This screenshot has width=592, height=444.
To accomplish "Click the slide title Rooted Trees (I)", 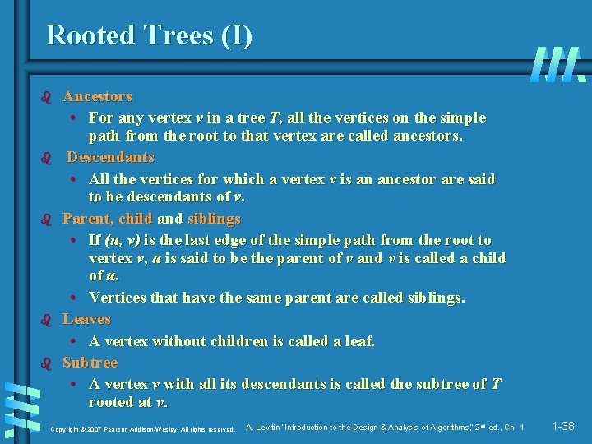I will tap(149, 35).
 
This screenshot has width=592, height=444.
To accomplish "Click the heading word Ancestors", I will tap(97, 97).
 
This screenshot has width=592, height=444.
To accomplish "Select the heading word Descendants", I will tap(110, 157).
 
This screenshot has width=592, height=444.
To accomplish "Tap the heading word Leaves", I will tap(86, 319).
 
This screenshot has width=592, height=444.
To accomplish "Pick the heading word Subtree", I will tap(90, 363).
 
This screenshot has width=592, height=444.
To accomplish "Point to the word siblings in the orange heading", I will tap(214, 219).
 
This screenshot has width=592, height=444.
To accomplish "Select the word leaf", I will tap(359, 340).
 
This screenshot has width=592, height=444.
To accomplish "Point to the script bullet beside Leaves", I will tap(46, 320).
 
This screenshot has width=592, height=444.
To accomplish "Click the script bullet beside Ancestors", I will tap(46, 98).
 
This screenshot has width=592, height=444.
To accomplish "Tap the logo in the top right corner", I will tap(558, 64).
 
